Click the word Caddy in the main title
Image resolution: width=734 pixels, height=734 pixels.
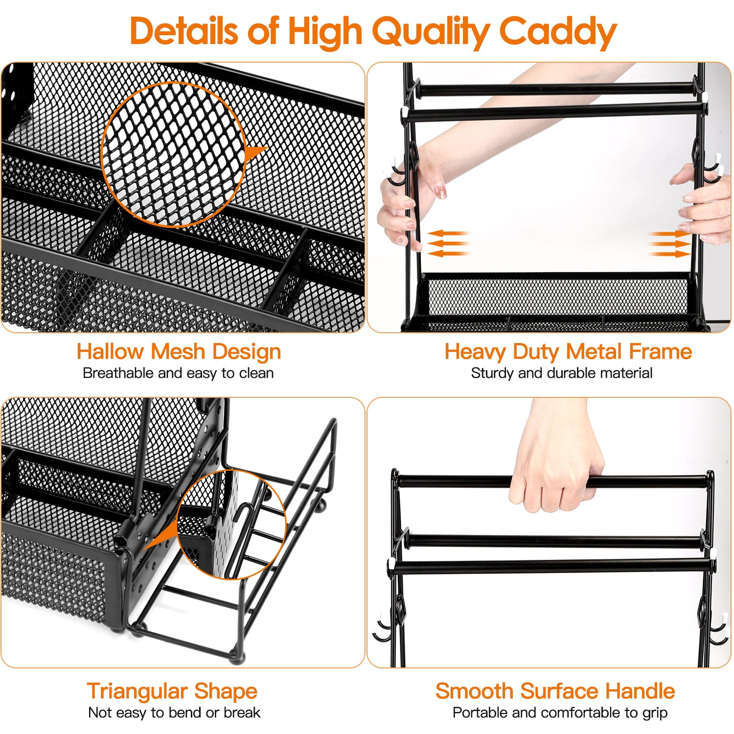click(557, 31)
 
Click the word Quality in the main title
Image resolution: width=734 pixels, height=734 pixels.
click(430, 31)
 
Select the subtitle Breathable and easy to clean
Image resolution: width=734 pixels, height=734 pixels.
click(178, 373)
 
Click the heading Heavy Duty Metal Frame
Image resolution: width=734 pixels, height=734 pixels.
click(568, 351)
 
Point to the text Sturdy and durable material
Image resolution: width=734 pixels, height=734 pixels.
click(561, 373)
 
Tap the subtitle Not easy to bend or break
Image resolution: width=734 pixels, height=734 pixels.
click(174, 713)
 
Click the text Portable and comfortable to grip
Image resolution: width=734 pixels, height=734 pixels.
click(560, 713)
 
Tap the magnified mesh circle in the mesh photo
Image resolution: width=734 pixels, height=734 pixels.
click(174, 154)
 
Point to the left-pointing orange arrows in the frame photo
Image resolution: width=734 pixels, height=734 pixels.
click(448, 243)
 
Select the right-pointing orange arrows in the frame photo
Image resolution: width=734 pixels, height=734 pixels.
click(669, 243)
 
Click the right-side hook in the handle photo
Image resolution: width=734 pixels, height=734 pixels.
click(717, 631)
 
